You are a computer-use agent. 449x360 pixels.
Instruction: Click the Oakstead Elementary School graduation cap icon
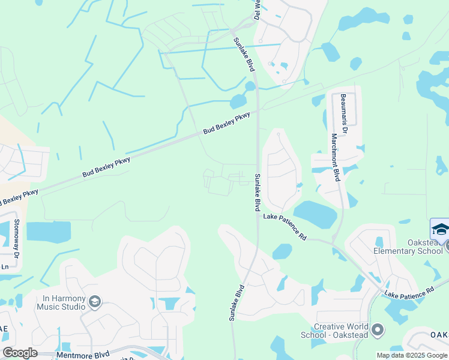click(x=440, y=230)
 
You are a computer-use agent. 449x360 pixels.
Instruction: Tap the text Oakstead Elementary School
click(x=408, y=247)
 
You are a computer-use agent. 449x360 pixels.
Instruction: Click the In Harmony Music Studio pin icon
click(x=95, y=301)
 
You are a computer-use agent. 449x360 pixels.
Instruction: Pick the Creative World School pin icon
click(x=378, y=329)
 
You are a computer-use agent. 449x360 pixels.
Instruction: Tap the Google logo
click(x=20, y=353)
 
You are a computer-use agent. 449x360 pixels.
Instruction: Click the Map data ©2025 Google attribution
click(x=411, y=355)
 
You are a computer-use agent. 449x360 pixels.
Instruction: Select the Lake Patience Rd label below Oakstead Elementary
click(x=409, y=292)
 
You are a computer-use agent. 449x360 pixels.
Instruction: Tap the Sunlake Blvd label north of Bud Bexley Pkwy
click(x=243, y=54)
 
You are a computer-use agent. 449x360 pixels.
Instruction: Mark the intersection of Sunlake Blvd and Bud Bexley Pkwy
click(x=258, y=111)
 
